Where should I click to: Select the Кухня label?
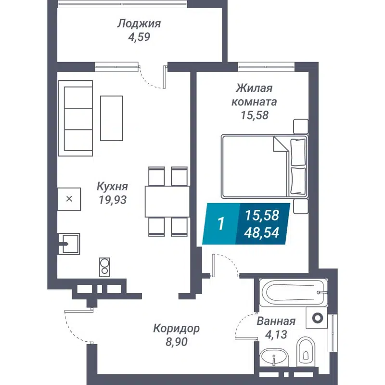tap(112, 186)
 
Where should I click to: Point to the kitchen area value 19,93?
tap(112, 200)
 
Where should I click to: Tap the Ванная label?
tap(276, 321)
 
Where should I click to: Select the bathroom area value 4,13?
tap(276, 334)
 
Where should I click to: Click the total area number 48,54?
tap(262, 233)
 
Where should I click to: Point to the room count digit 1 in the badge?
tap(221, 224)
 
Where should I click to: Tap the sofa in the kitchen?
tap(76, 118)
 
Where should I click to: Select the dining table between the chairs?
tap(167, 201)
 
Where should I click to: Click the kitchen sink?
tap(69, 243)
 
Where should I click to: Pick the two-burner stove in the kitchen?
tap(104, 266)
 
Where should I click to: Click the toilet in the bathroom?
tap(305, 350)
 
